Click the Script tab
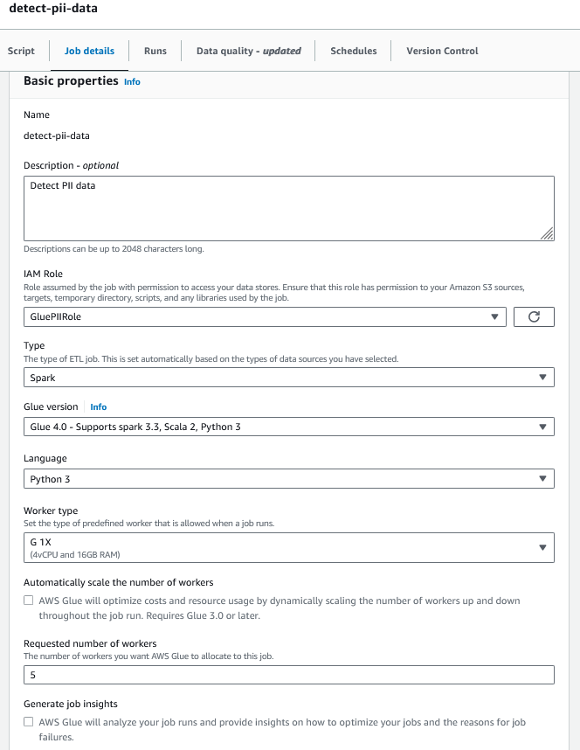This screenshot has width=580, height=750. (x=21, y=51)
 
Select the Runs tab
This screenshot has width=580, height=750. (x=155, y=51)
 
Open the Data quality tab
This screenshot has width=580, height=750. (x=248, y=51)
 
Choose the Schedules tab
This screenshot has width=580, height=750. (x=354, y=51)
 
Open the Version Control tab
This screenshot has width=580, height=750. (x=442, y=51)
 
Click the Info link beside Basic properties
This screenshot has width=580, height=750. (x=132, y=82)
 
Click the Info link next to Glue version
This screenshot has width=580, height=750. (x=99, y=407)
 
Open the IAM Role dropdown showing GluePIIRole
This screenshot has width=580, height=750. (x=265, y=317)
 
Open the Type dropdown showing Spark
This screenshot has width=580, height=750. (x=288, y=378)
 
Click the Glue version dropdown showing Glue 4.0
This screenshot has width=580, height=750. (x=288, y=427)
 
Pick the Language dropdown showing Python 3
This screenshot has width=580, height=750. (x=288, y=479)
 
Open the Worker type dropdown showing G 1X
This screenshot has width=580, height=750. (x=288, y=547)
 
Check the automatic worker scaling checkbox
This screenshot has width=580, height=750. (x=29, y=601)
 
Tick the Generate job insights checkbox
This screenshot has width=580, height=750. (x=29, y=723)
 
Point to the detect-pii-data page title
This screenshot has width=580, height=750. (x=53, y=8)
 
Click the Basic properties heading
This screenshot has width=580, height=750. (x=71, y=81)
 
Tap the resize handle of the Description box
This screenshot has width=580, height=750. (x=547, y=233)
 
